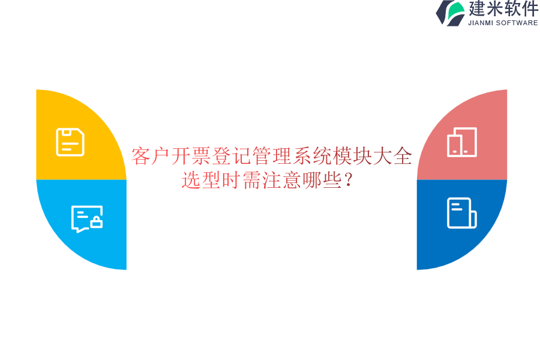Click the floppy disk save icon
(70, 142)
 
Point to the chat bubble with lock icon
(86, 218)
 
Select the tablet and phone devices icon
(462, 142)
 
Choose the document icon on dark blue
(461, 213)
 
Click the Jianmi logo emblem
(450, 13)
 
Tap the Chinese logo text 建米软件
(503, 9)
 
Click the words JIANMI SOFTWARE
(503, 23)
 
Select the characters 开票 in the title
(191, 157)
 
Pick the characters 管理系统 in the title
(293, 157)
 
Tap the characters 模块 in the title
(353, 157)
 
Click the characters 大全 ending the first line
(393, 157)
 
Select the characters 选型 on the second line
(202, 180)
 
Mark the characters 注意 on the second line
(282, 180)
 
